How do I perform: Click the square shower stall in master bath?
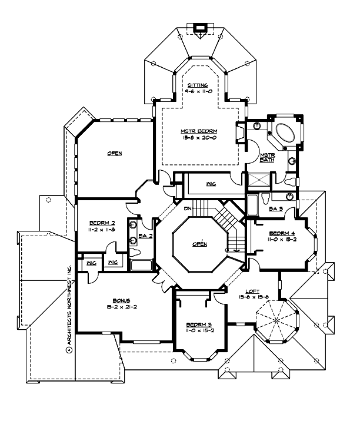tap(258, 181)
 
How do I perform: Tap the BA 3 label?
tap(276, 208)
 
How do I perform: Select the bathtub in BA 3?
tap(252, 205)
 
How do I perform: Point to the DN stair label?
tap(188, 209)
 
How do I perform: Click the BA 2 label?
tap(146, 236)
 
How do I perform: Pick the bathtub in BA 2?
tap(141, 265)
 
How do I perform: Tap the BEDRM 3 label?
tap(195, 324)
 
